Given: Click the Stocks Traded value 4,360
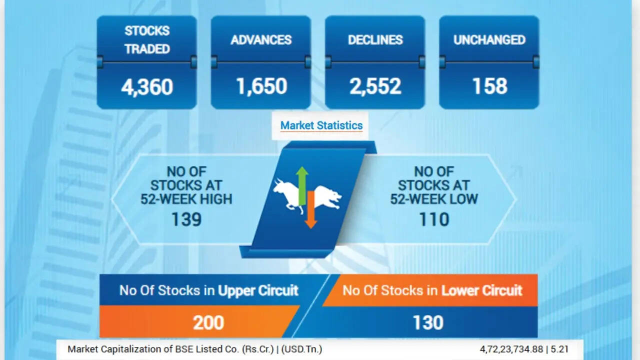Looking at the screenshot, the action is point(147,86).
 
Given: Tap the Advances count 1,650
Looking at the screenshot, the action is point(261,86).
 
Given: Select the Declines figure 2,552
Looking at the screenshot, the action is point(375,86).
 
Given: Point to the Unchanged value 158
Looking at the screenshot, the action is point(489,86).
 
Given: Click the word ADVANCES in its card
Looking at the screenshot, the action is point(261,39).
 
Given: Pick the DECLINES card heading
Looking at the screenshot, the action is point(375,39).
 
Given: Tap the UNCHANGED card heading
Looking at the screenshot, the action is point(489,39).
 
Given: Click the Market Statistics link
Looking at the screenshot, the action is point(321,125).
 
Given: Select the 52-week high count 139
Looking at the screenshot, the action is point(186,219).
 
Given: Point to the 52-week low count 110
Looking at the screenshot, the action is point(434,219).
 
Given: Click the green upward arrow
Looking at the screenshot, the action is point(301,185).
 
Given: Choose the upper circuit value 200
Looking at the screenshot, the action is point(208,323).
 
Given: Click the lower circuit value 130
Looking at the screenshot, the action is point(428,323).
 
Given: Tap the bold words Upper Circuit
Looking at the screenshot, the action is point(258,291).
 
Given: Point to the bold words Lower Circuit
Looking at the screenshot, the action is point(481,291).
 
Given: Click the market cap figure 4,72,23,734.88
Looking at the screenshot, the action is point(511,349).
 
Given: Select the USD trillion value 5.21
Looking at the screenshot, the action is point(559,349).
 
